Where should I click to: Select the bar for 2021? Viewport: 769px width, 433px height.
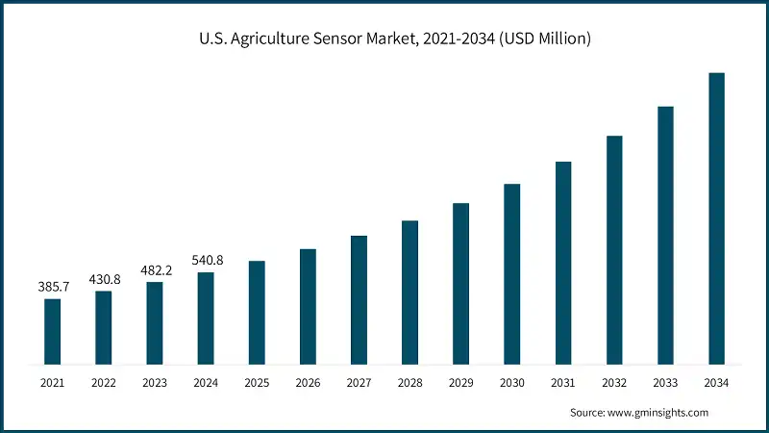pos(53,332)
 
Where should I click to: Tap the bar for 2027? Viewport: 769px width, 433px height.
pos(359,300)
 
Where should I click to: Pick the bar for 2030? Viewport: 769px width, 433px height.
pos(511,274)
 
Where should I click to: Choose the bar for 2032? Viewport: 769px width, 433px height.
pos(614,250)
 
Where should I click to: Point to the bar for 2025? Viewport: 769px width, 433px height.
pos(257,313)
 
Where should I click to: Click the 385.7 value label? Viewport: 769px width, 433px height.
pos(53,287)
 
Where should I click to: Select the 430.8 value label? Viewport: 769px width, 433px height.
pos(104,279)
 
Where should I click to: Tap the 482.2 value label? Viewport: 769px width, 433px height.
pos(155,270)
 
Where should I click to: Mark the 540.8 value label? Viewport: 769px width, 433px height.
pos(206,260)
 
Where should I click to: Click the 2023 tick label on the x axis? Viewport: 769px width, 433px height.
pos(155,383)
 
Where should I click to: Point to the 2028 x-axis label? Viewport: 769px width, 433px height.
pos(409,383)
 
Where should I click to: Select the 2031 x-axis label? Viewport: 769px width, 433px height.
pos(563,383)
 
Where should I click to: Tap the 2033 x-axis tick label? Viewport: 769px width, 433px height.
pos(665,383)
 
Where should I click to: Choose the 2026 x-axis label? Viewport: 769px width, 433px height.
pos(308,383)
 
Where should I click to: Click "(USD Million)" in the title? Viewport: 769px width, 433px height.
pos(540,39)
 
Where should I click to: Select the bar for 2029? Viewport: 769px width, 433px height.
pos(460,284)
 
